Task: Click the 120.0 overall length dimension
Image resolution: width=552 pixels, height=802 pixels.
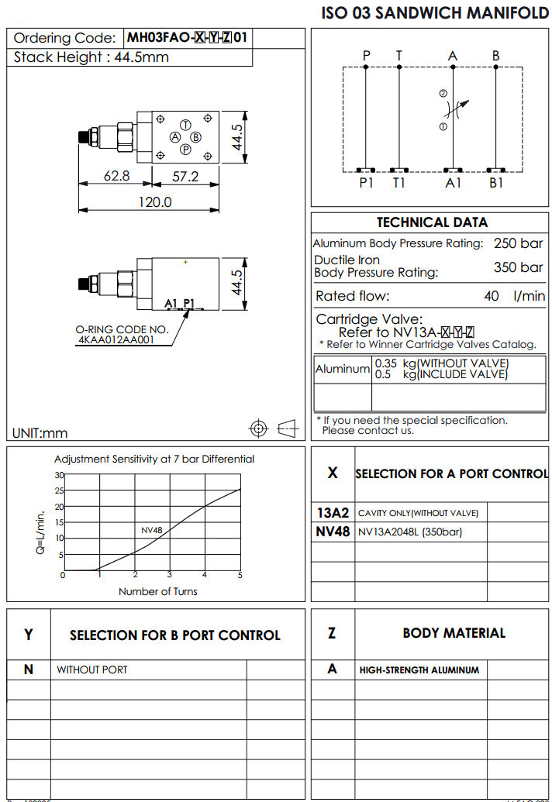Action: tap(154, 201)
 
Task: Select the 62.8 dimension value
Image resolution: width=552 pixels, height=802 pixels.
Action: tap(117, 177)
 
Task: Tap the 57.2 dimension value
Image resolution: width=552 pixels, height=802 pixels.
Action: tap(185, 177)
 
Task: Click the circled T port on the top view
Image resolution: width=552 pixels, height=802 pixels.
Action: tap(185, 125)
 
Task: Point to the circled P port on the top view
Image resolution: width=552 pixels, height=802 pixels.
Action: tap(185, 150)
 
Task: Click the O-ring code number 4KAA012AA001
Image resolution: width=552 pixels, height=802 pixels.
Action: tap(116, 339)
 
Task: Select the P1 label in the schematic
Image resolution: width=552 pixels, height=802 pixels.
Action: tap(367, 183)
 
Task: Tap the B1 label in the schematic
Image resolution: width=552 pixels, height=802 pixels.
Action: tap(496, 183)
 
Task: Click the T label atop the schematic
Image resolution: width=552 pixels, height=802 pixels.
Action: tap(398, 56)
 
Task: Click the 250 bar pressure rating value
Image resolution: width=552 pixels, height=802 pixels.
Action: tap(519, 243)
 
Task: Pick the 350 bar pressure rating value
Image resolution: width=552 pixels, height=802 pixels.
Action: tap(519, 267)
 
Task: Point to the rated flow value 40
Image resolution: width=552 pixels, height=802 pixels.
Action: tap(492, 296)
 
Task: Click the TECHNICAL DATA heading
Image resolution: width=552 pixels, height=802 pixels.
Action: tap(432, 222)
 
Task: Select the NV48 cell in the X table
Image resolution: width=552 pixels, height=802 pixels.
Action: tap(333, 532)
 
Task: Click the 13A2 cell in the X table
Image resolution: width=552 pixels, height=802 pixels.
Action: tap(333, 513)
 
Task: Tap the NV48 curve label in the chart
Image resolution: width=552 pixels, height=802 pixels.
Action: tap(151, 530)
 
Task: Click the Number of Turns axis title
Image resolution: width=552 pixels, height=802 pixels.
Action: tap(157, 591)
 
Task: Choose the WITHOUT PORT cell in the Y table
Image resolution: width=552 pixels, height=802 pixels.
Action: tap(91, 669)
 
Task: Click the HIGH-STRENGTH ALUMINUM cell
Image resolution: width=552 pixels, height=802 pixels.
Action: tap(419, 669)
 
